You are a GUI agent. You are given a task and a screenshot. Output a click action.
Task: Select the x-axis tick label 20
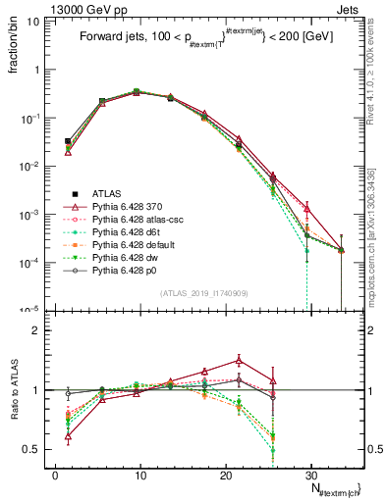click(226, 473)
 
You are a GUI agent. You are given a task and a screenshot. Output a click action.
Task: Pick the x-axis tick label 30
click(311, 473)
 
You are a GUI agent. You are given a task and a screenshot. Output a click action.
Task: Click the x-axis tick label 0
click(55, 473)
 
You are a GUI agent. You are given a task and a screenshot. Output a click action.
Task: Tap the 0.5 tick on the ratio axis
click(34, 449)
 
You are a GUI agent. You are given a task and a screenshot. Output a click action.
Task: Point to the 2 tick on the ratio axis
click(38, 330)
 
